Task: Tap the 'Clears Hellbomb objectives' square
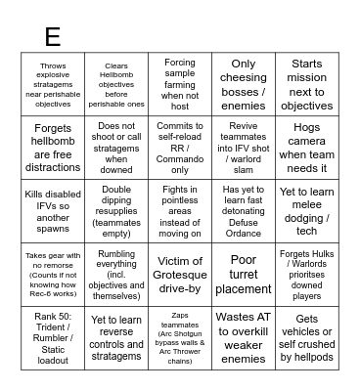(x=117, y=85)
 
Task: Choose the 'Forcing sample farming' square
(x=180, y=85)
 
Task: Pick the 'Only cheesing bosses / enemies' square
(x=244, y=85)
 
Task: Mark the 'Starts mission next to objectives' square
(x=306, y=85)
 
